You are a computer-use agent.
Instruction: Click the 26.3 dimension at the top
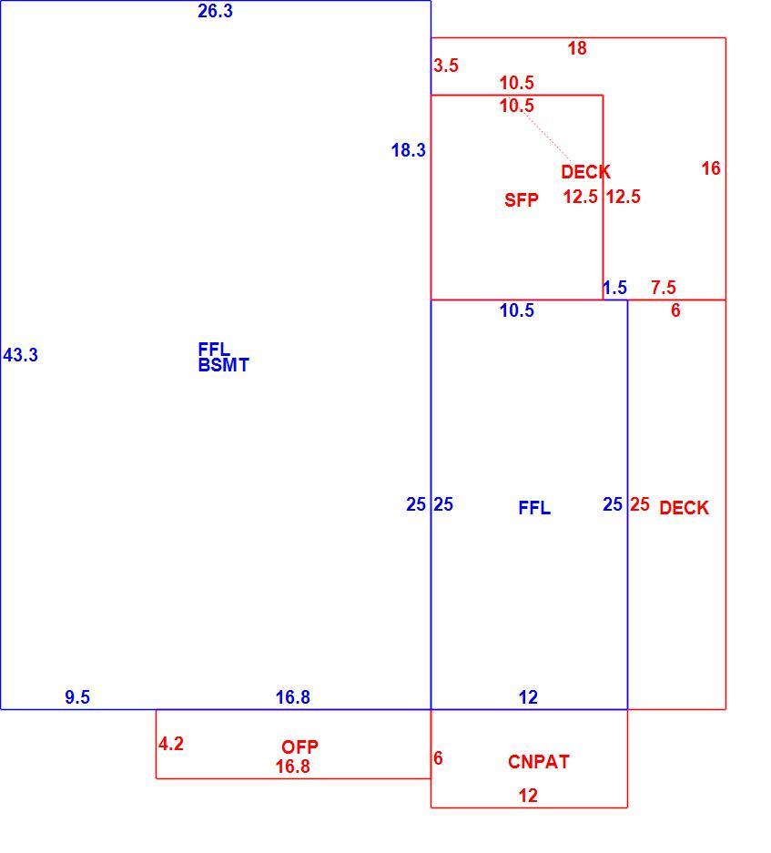click(x=215, y=11)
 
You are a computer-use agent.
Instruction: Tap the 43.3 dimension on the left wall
click(x=21, y=355)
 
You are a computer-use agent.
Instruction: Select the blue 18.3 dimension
click(x=409, y=151)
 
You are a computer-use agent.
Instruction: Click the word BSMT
click(x=224, y=365)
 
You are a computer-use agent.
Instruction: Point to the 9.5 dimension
click(x=77, y=697)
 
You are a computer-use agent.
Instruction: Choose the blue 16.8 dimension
click(x=293, y=697)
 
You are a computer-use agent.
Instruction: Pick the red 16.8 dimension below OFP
click(x=293, y=767)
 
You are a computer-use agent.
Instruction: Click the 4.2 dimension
click(x=171, y=744)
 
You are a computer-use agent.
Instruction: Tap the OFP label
click(x=299, y=746)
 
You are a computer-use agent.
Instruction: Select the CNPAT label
click(x=539, y=762)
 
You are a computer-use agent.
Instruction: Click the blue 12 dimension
click(x=528, y=697)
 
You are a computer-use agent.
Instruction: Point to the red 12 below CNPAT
click(x=528, y=796)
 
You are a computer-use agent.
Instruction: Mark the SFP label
click(x=522, y=200)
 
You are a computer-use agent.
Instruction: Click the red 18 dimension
click(x=577, y=48)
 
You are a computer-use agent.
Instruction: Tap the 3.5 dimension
click(x=446, y=66)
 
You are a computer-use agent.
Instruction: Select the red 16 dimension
click(x=711, y=168)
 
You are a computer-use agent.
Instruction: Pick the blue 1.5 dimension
click(x=614, y=288)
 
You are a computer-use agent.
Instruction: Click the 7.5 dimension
click(x=664, y=288)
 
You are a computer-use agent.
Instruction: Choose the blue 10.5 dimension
click(x=517, y=310)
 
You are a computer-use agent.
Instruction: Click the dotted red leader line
click(x=548, y=137)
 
